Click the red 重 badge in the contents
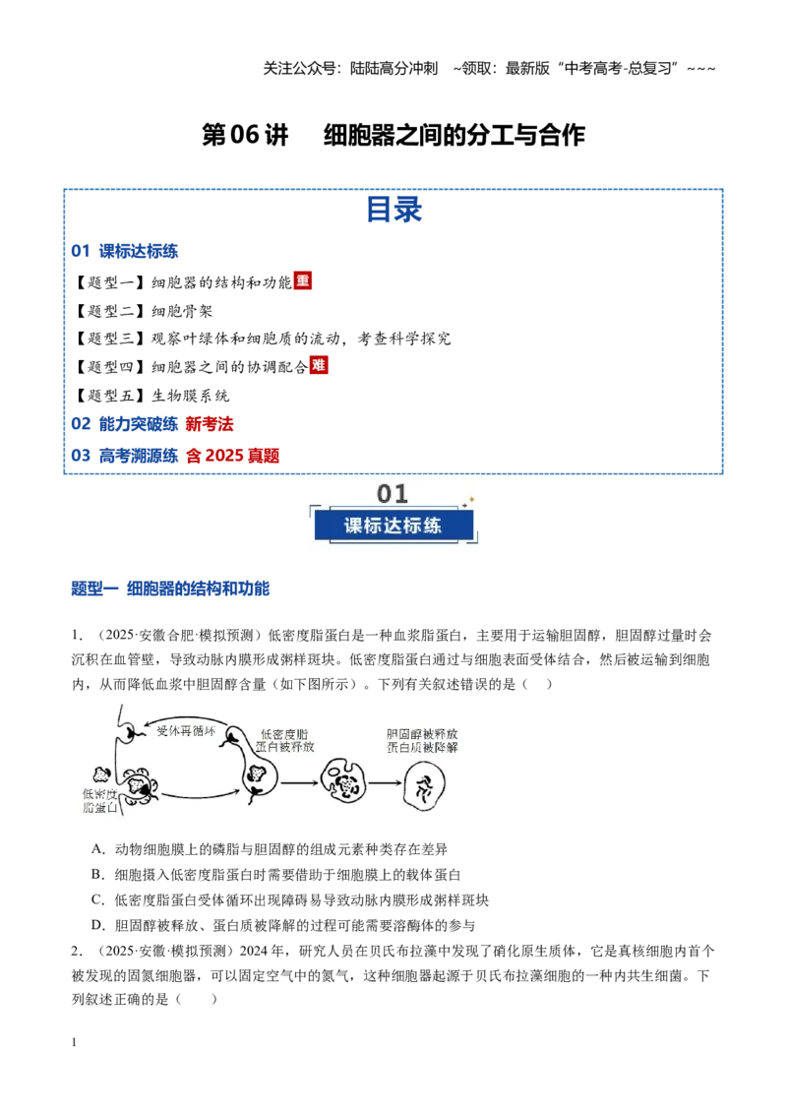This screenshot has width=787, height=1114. [303, 280]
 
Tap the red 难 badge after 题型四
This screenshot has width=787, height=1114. [319, 365]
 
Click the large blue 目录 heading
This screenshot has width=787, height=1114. [394, 209]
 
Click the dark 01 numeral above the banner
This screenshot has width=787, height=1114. [393, 493]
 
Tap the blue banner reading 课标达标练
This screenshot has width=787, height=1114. [393, 526]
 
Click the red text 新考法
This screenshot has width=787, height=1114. [210, 424]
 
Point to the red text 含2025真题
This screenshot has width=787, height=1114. [233, 456]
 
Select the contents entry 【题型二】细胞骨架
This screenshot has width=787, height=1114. [143, 310]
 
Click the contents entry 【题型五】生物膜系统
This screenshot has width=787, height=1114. [151, 395]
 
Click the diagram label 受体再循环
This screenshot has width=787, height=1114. [185, 730]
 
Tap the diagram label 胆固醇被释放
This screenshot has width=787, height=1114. [422, 734]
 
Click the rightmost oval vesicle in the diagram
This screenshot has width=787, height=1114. [424, 785]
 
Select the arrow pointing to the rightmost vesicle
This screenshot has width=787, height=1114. [385, 783]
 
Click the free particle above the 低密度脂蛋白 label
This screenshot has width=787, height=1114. [101, 774]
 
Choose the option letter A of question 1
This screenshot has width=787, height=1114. [97, 849]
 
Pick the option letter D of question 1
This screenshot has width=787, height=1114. [97, 925]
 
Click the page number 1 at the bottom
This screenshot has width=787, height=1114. [74, 1042]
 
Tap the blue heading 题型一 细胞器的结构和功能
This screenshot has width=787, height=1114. [170, 588]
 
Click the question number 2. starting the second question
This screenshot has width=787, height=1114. [77, 951]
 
